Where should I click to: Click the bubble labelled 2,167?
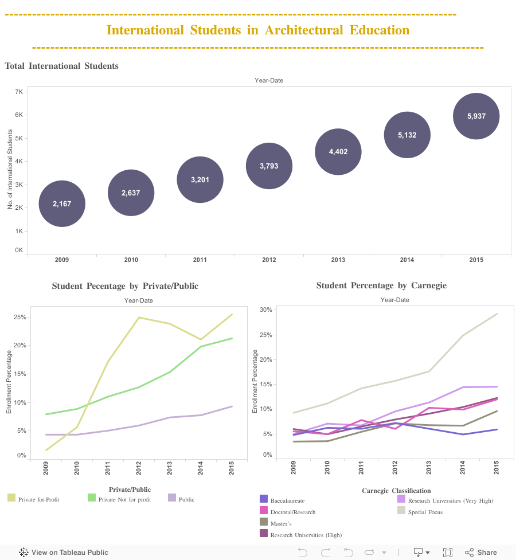pos(62,203)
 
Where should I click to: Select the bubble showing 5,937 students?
pos(476,116)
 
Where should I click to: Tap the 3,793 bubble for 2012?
pos(269,166)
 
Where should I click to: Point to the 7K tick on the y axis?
pos(19,92)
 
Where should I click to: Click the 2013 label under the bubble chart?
pos(338,260)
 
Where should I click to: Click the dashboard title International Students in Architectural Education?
pos(258,30)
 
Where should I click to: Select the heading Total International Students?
pos(61,66)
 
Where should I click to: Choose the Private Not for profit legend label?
pos(124,499)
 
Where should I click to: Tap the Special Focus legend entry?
pos(425,512)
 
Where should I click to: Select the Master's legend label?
pos(281,523)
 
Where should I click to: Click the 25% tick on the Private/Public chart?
pos(20,317)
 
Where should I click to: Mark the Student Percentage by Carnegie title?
pos(381,285)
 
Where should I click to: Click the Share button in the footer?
pos(480,552)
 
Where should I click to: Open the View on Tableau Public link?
pos(64,552)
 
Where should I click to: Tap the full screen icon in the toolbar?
pos(448,552)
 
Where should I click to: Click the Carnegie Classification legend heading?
pos(396,491)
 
